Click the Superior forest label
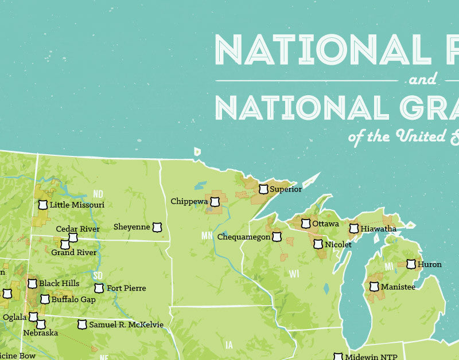[x=285, y=189]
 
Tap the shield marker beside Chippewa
[x=215, y=202]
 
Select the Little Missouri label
[x=77, y=205]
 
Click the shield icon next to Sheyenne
[x=157, y=228]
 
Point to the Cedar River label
[x=77, y=229]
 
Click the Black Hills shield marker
[x=32, y=284]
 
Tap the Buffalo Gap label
[x=73, y=299]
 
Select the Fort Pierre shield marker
[x=99, y=288]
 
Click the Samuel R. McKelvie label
[x=127, y=325]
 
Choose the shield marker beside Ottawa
[x=306, y=223]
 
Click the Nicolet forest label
[x=337, y=244]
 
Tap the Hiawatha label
[x=378, y=229]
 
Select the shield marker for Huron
[x=411, y=264]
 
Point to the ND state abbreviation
[x=98, y=193]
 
